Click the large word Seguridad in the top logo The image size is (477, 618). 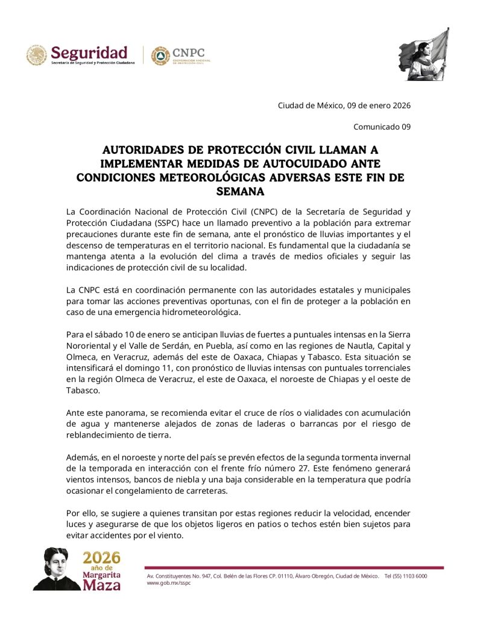click(89, 52)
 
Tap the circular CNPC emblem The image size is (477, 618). click(160, 56)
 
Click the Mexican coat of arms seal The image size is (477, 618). click(36, 56)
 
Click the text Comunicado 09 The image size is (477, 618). click(381, 127)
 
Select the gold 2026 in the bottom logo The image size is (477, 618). click(101, 557)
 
